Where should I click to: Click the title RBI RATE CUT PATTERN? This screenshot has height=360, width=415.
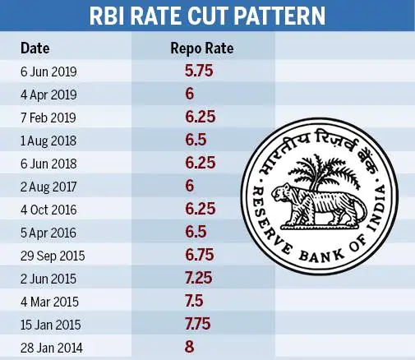(x=207, y=16)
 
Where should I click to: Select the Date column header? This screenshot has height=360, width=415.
(x=35, y=48)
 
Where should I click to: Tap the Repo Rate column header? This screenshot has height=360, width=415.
(x=202, y=48)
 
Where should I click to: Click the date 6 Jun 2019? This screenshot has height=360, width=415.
(x=48, y=72)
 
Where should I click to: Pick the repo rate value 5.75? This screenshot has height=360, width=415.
(x=199, y=71)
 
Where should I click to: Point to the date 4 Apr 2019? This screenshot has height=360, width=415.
(x=48, y=95)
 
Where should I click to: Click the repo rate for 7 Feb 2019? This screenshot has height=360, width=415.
(x=201, y=117)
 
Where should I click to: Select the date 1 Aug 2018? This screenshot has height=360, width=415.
(x=48, y=141)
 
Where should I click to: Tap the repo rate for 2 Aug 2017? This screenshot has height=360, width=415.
(x=190, y=186)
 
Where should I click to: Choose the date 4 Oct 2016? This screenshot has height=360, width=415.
(x=48, y=210)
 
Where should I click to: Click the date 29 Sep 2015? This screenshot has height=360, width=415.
(x=53, y=256)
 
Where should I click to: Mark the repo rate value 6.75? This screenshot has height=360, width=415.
(x=200, y=255)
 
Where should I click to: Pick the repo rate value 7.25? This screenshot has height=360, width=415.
(x=199, y=278)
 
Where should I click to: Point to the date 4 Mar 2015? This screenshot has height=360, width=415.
(x=49, y=302)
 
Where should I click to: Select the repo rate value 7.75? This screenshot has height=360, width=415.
(x=198, y=324)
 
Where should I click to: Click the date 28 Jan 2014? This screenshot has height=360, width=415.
(x=52, y=348)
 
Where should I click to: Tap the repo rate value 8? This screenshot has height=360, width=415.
(x=190, y=347)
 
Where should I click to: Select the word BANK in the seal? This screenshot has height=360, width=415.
(x=321, y=256)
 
